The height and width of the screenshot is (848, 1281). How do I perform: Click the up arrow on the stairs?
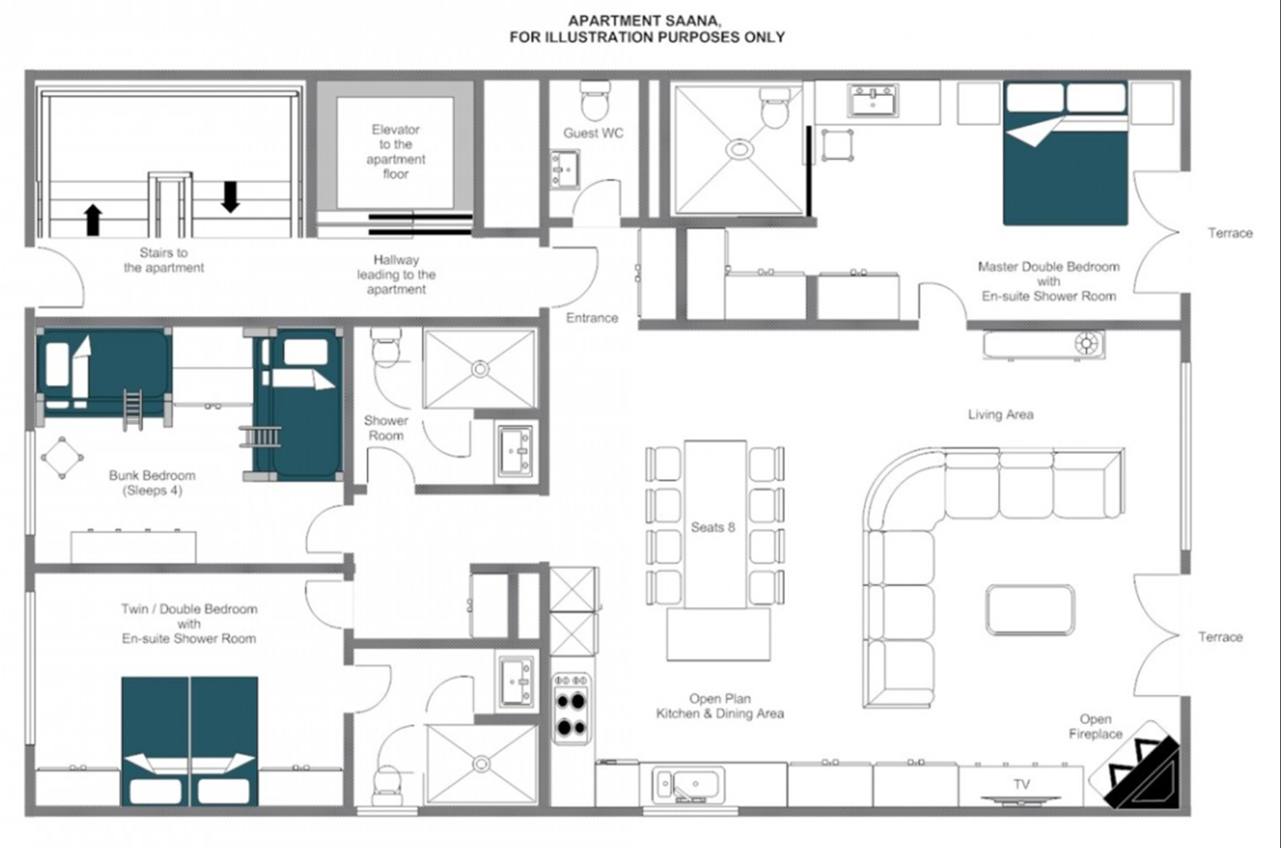[x=93, y=220]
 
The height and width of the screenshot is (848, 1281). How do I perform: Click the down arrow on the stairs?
[x=230, y=197]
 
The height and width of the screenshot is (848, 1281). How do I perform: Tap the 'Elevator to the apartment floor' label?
[x=396, y=151]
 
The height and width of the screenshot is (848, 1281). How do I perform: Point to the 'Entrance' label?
[x=592, y=318]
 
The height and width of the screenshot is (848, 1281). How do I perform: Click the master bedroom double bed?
[x=1065, y=153]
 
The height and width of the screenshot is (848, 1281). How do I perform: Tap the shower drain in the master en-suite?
[x=739, y=149]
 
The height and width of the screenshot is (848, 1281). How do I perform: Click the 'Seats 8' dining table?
[x=715, y=524]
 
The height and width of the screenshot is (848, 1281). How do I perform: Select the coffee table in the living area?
[x=1030, y=610]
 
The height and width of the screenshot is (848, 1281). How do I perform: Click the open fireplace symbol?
[x=1137, y=766]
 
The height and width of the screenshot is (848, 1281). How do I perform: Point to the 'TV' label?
[x=1021, y=785]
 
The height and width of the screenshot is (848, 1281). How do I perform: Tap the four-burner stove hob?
[x=571, y=709]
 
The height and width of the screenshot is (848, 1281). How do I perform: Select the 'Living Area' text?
[x=1001, y=414]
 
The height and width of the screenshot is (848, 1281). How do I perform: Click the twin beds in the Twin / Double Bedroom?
[x=189, y=741]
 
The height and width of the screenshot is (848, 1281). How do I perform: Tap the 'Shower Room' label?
[x=386, y=428]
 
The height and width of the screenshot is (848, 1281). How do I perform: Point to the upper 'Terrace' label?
[x=1230, y=234]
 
